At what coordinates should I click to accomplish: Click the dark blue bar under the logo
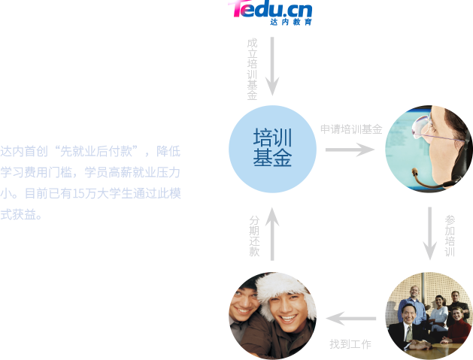[298, 27]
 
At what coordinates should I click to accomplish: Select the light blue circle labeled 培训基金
[272, 149]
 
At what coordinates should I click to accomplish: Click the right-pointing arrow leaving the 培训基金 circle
[350, 150]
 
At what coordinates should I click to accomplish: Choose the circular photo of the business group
[429, 316]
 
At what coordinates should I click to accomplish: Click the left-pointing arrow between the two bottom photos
[352, 319]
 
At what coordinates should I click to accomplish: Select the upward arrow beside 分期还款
[272, 233]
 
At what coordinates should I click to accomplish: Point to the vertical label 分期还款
[253, 236]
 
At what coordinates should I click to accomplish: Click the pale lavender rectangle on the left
[90, 182]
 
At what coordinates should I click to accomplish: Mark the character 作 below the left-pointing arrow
[365, 344]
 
